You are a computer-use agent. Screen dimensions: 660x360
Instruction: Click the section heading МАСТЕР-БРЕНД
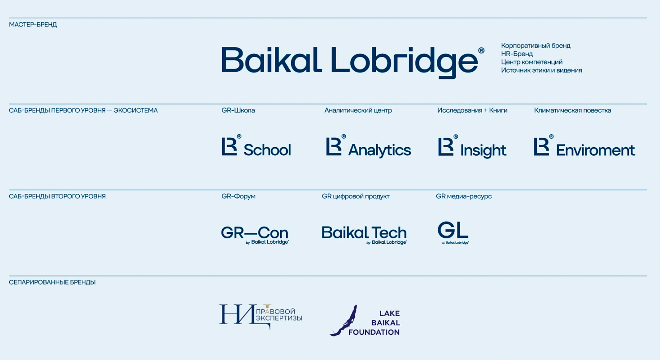click(x=33, y=25)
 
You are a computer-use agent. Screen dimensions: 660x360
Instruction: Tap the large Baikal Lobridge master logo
click(x=353, y=62)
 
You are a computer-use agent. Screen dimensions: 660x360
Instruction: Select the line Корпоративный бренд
click(x=536, y=46)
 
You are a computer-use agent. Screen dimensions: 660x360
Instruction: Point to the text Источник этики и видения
click(x=541, y=70)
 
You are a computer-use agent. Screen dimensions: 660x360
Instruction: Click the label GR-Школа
click(x=238, y=110)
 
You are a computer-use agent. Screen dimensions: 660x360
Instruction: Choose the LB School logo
click(x=256, y=146)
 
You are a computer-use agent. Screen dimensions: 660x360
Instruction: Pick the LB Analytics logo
click(x=368, y=146)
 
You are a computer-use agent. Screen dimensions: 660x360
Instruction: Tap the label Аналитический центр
click(x=358, y=110)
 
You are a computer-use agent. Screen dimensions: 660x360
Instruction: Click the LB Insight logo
click(x=472, y=146)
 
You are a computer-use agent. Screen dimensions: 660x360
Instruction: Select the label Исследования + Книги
click(x=472, y=110)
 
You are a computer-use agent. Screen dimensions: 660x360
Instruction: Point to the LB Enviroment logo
click(x=584, y=146)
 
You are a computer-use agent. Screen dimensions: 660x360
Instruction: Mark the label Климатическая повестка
click(x=573, y=110)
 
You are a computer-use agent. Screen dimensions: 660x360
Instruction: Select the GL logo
click(x=453, y=233)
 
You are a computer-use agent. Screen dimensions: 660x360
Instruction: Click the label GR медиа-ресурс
click(x=464, y=196)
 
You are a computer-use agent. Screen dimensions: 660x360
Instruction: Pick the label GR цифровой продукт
click(x=355, y=196)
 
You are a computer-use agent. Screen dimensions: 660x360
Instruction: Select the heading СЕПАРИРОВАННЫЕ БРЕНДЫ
click(x=52, y=282)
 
